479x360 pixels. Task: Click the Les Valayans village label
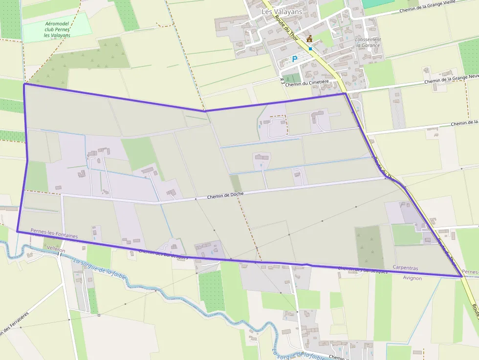(x=282, y=12)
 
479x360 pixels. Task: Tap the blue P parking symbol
(x=294, y=59)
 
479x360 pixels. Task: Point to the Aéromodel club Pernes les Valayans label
(x=57, y=29)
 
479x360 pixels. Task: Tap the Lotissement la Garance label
(x=368, y=42)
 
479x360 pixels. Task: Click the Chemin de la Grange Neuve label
(x=451, y=79)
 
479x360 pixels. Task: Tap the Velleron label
(x=55, y=249)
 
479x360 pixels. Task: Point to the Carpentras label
(x=405, y=268)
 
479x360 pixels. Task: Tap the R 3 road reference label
(x=283, y=81)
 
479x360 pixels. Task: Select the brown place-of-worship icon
(x=309, y=39)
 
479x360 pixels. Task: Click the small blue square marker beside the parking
(x=310, y=49)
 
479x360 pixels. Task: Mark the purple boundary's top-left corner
(x=24, y=84)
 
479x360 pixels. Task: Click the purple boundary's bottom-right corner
(x=462, y=276)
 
